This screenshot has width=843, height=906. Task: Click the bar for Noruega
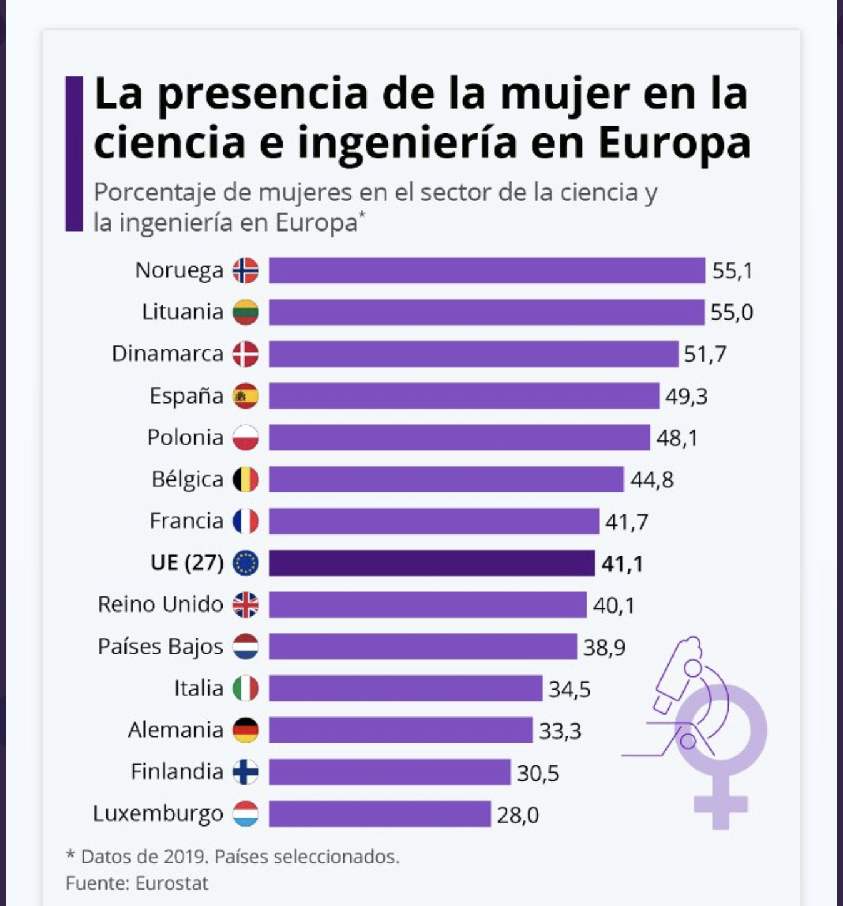487,270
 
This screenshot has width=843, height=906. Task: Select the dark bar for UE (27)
432,563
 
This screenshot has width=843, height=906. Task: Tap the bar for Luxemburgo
380,814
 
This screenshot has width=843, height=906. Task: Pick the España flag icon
246,396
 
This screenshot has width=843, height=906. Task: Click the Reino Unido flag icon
246,604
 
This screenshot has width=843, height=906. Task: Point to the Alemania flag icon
246,730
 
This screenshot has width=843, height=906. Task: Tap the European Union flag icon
246,563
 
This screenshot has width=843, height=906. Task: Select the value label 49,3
686,397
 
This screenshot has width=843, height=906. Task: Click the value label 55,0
731,312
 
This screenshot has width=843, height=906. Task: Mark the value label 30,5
538,773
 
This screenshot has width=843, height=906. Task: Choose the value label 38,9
604,648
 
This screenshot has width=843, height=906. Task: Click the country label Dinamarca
167,354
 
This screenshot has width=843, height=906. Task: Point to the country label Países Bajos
160,646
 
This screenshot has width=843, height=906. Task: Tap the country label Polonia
185,437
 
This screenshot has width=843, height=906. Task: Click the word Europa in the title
674,143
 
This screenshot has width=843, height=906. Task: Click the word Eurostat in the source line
171,883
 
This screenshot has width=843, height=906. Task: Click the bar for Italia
405,688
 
